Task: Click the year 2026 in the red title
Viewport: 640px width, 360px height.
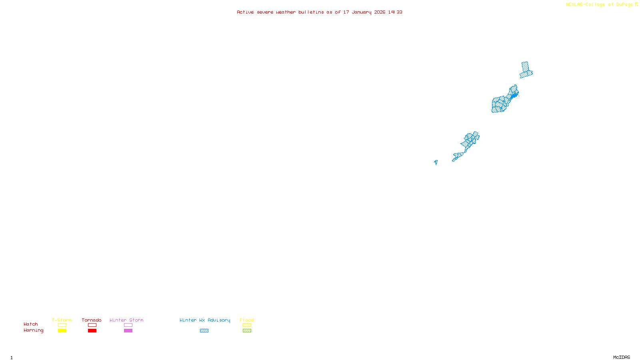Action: (380, 12)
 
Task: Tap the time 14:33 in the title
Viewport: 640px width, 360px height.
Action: (395, 12)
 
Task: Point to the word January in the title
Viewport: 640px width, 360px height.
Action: (361, 12)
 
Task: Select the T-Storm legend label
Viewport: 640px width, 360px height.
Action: (62, 320)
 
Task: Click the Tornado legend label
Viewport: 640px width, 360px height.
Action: (92, 320)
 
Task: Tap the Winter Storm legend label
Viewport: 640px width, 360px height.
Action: (126, 320)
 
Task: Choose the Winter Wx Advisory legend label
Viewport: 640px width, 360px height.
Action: (205, 320)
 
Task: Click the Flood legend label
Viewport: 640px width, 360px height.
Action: (247, 320)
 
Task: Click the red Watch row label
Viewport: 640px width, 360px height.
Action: (31, 324)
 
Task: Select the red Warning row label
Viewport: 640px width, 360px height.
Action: (33, 330)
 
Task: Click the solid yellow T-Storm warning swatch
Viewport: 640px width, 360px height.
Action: (62, 331)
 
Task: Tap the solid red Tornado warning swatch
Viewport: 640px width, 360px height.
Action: (92, 331)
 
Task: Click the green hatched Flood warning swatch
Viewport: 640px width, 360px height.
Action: (247, 331)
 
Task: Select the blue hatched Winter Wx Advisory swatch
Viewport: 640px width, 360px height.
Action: (204, 331)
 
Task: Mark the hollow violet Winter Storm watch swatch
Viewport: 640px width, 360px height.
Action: (128, 325)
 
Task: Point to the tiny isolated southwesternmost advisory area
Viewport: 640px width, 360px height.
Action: (436, 162)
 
